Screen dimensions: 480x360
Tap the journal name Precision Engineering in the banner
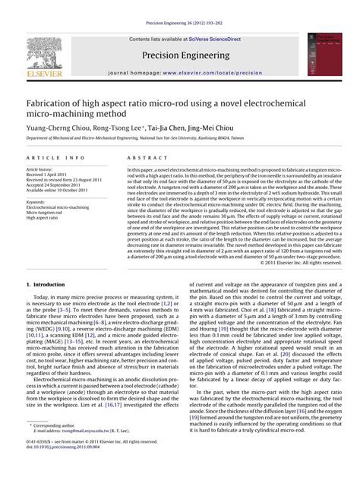click(180, 55)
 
